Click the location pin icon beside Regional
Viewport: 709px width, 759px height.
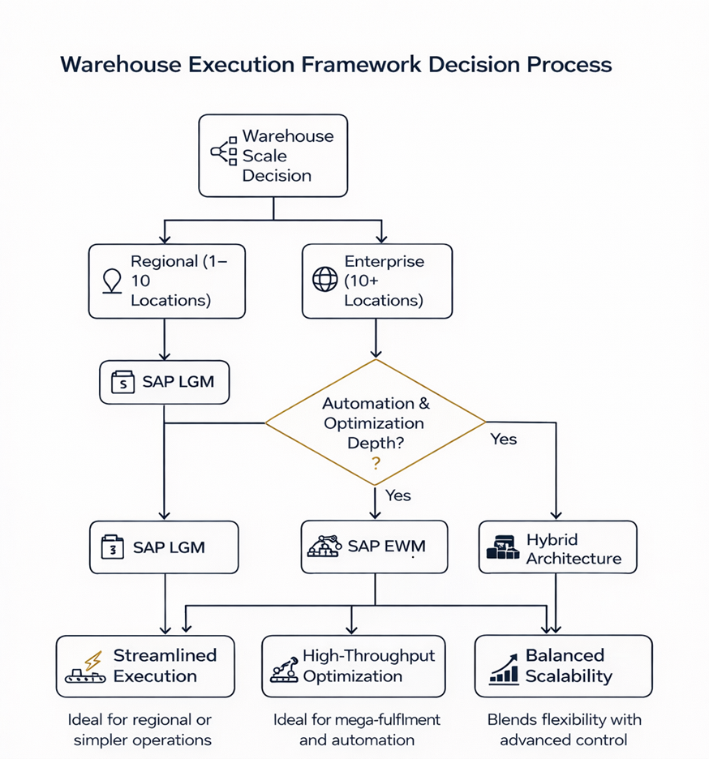point(111,281)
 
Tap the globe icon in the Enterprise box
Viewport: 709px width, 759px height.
point(324,281)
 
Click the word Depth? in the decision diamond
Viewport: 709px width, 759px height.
point(375,443)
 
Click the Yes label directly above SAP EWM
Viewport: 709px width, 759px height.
point(397,495)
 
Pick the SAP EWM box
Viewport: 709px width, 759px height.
point(375,547)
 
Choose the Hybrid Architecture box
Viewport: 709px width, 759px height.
point(557,548)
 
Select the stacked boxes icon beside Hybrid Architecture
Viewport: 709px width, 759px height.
point(502,549)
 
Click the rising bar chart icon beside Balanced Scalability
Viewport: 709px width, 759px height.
point(504,669)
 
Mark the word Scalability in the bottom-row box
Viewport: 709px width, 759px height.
point(569,676)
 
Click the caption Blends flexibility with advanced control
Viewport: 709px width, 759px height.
point(564,729)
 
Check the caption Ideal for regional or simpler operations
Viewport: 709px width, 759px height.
point(143,729)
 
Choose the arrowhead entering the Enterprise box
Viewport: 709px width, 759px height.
point(376,240)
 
